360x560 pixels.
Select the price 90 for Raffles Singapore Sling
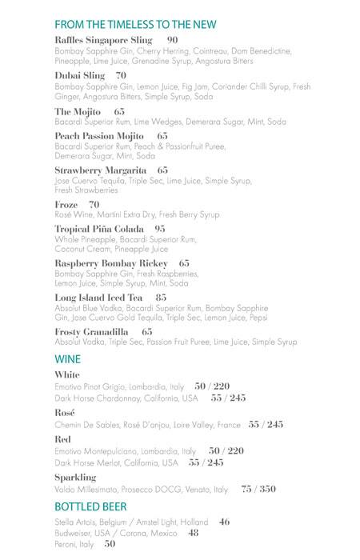(x=173, y=39)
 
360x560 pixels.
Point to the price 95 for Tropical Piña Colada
(x=160, y=229)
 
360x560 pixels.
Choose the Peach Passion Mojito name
(x=100, y=136)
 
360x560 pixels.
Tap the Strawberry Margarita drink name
(x=101, y=170)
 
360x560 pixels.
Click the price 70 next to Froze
(x=94, y=205)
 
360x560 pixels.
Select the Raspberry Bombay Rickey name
(x=111, y=263)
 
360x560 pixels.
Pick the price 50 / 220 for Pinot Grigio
(x=212, y=386)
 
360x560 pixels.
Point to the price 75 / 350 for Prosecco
(x=258, y=489)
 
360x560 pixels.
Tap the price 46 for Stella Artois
(x=224, y=522)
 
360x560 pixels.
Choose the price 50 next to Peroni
(x=110, y=544)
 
